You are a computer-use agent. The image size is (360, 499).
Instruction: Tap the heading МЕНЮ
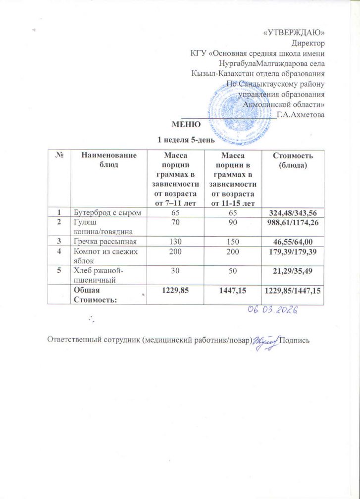[184, 124]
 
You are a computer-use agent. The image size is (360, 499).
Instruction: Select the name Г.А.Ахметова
[301, 115]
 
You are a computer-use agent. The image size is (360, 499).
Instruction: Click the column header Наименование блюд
[109, 159]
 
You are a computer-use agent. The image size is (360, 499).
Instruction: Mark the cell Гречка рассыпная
[105, 241]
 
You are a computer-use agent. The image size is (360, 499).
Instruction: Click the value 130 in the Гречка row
[176, 241]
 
